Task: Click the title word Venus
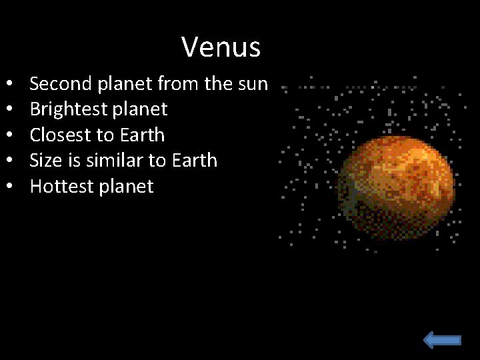pos(221,47)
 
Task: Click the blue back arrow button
pos(442,340)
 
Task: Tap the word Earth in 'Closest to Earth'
pos(142,135)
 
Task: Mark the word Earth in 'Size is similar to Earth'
pos(195,161)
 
